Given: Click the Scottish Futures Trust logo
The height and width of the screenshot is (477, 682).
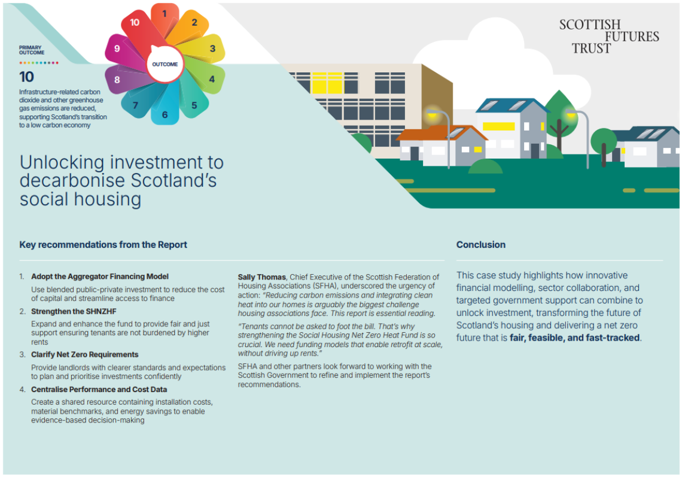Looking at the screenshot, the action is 609,36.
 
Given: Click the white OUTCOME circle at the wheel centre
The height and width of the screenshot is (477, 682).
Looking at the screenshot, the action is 165,64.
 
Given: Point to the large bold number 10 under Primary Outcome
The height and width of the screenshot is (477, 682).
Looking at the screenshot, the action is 26,77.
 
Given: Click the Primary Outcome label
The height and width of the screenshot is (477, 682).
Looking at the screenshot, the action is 31,50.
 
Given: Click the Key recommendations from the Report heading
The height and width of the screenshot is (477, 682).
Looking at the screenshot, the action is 103,245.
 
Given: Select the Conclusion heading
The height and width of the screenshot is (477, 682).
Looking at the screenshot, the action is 480,245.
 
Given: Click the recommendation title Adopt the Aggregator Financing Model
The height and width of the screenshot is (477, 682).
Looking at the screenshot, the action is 99,277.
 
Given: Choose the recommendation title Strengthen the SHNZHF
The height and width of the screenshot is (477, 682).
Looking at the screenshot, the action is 74,311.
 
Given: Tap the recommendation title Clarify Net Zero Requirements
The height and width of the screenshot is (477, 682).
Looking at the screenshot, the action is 85,354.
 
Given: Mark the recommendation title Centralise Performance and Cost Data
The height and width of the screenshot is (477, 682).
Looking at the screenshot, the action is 99,389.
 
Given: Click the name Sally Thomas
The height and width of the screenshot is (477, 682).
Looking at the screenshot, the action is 262,277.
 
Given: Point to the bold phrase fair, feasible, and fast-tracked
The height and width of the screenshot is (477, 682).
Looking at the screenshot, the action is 574,338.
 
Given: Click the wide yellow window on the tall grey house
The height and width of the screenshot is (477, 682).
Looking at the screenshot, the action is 498,126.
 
